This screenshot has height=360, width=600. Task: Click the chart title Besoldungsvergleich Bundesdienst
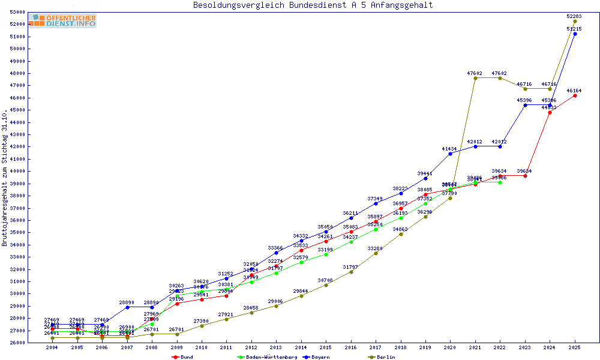[x=313, y=5]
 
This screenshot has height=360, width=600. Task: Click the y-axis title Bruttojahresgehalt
[x=5, y=178]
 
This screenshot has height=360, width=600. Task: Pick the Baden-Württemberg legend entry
[x=267, y=357]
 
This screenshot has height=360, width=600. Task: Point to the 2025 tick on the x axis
[x=575, y=348]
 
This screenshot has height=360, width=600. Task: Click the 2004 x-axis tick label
[x=52, y=348]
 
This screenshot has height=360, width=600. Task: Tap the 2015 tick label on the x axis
[x=326, y=348]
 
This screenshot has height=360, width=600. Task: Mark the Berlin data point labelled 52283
[x=575, y=21]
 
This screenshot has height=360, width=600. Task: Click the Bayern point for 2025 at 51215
[x=575, y=34]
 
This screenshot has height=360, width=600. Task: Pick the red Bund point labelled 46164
[x=575, y=95]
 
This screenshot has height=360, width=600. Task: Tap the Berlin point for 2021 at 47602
[x=475, y=78]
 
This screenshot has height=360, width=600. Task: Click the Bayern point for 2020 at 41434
[x=450, y=154]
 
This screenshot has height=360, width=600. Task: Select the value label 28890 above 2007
[x=127, y=302]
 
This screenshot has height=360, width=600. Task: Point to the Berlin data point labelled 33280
[x=376, y=253]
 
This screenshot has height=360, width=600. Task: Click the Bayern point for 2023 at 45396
[x=525, y=105]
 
